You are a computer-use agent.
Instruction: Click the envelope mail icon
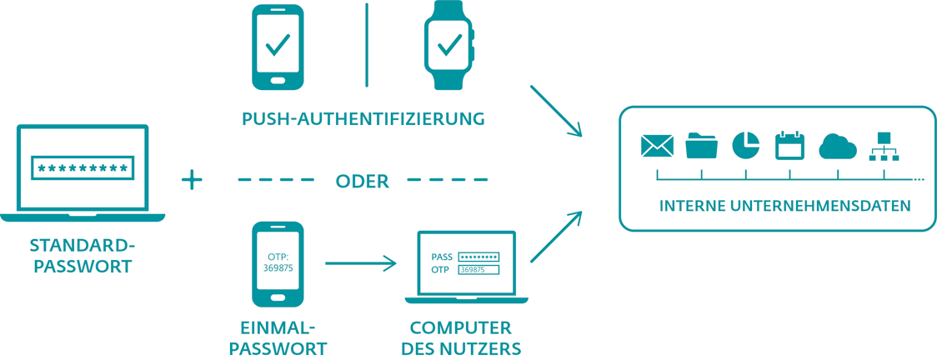pos(657,147)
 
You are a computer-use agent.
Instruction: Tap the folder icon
pos(701,146)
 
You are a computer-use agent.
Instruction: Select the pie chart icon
pos(745,146)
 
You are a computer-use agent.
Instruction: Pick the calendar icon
pos(789,146)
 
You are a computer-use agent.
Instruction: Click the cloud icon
pos(838,147)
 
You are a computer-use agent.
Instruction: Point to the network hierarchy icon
pos(883,146)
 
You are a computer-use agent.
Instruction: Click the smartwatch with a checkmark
pos(449,47)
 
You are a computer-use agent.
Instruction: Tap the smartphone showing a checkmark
pos(277,47)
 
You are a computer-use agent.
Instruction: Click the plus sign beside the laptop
pos(193,179)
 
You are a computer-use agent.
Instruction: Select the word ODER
pos(362,181)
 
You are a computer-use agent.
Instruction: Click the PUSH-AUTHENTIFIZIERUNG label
pos(363,119)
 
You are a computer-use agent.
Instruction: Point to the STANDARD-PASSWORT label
pos(82,256)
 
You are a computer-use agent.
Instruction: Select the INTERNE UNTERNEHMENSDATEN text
pos(784,206)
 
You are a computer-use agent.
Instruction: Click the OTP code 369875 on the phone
pos(277,269)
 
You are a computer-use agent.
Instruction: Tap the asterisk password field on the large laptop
pos(83,168)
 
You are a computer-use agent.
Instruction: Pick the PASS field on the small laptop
pos(479,257)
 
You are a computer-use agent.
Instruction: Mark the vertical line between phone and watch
pos(366,45)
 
